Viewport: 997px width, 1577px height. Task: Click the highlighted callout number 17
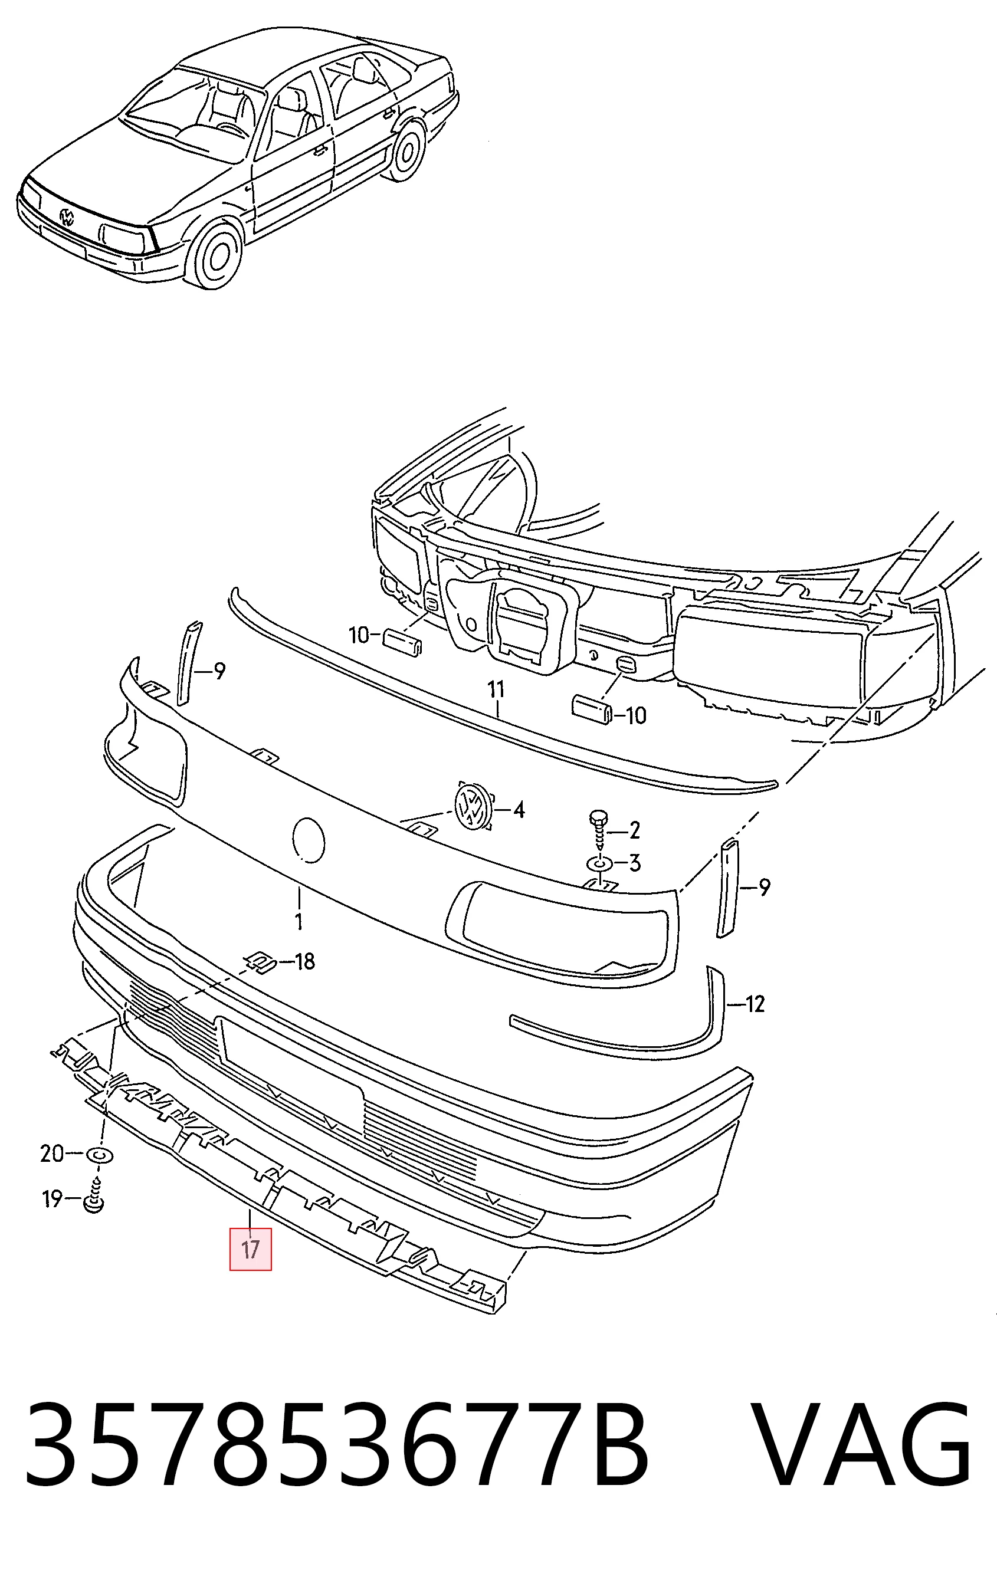coord(250,1250)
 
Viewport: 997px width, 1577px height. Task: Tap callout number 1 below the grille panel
coord(299,922)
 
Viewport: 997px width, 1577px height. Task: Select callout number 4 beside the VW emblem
coord(518,811)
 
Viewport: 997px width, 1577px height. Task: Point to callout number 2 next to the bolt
coord(634,831)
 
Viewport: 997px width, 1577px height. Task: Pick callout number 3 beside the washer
coord(634,863)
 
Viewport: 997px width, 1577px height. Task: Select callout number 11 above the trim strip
coord(496,689)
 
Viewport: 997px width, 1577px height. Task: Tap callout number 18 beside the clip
coord(304,961)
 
